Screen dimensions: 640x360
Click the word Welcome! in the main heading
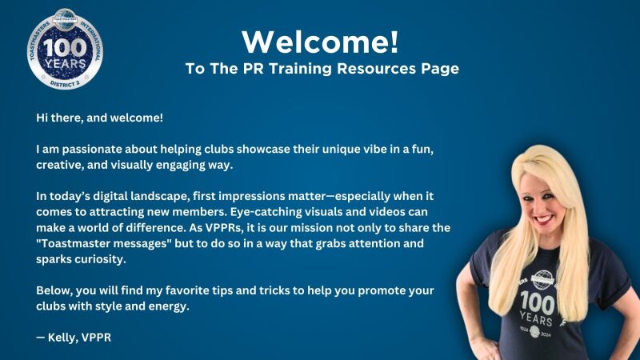coord(320,42)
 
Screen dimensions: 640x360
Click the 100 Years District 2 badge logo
coord(65,49)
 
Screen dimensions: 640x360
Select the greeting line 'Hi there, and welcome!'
coord(99,118)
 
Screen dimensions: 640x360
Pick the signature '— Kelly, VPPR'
coord(74,338)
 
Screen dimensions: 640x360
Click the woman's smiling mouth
coord(543,219)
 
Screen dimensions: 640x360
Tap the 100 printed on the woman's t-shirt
coord(538,303)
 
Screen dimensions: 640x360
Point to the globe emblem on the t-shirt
coord(542,280)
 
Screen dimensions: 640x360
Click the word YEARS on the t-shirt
coord(536,318)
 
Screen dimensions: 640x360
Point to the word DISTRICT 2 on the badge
coord(66,83)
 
